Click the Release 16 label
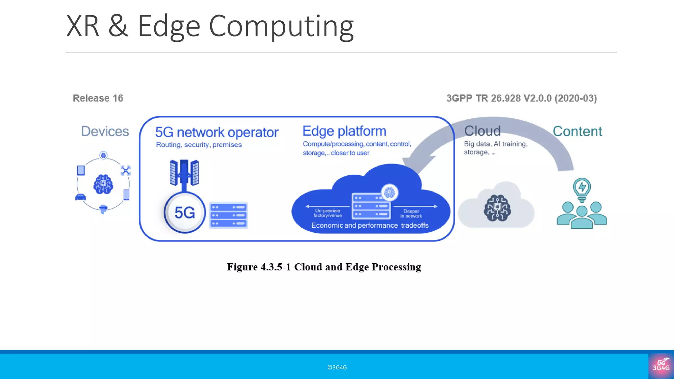[98, 98]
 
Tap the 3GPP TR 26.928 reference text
[521, 98]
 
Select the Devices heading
[105, 131]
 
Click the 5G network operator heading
[217, 132]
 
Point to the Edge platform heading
[344, 131]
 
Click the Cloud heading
[482, 131]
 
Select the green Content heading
[577, 131]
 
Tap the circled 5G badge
[185, 213]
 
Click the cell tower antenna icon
[184, 173]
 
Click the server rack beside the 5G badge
[228, 215]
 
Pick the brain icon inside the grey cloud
[497, 208]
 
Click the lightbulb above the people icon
[582, 189]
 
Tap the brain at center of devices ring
[103, 184]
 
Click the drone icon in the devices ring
[126, 170]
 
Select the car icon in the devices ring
[80, 197]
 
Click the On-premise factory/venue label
[327, 213]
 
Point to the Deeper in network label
[411, 214]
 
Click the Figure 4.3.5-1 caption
[324, 267]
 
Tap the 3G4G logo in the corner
[661, 366]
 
